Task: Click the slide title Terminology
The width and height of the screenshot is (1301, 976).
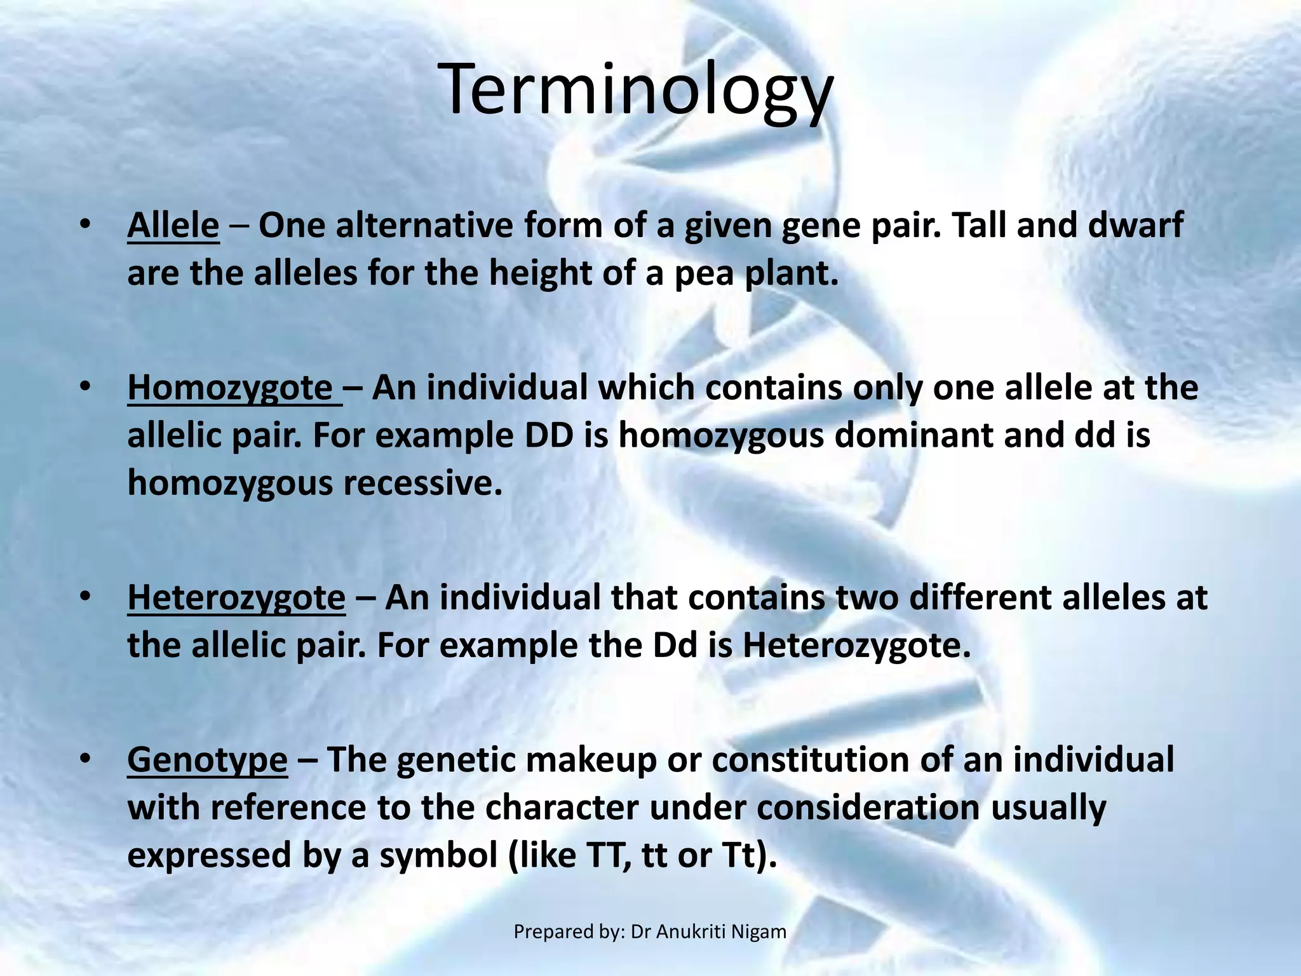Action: coord(635,90)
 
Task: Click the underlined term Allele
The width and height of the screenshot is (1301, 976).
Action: coord(173,226)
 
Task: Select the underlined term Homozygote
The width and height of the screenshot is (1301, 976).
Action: coord(230,388)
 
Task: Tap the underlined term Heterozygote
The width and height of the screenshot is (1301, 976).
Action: coord(236,598)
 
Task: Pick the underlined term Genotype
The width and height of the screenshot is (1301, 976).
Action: coord(207,760)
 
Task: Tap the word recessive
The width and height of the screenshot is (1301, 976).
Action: coord(422,484)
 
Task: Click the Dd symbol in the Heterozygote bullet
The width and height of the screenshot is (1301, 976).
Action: coord(675,646)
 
